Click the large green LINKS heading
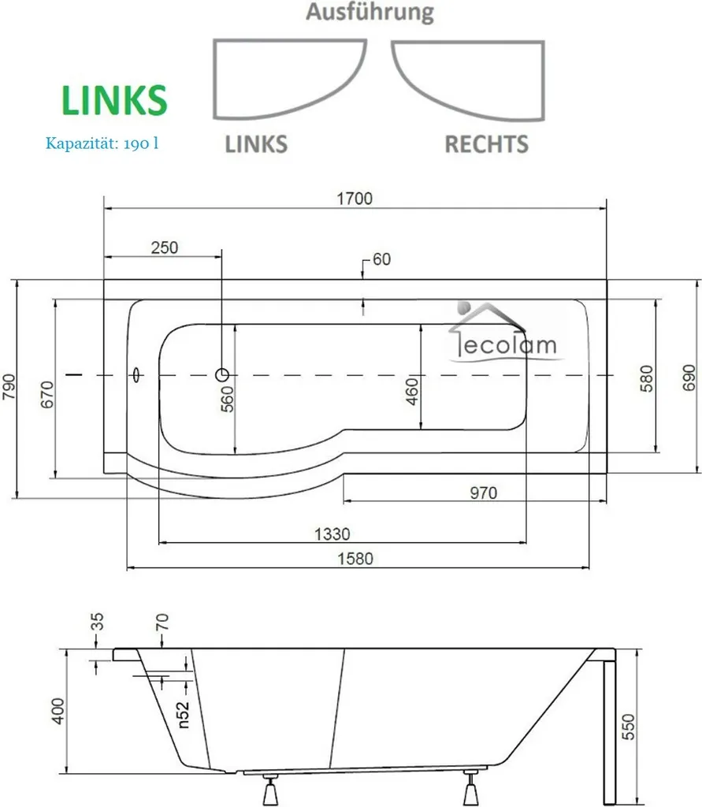point(114,100)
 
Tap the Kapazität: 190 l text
point(102,143)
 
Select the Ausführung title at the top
point(370,13)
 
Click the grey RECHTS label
point(486,144)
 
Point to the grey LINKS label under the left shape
point(256,144)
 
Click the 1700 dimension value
point(355,198)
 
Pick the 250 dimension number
point(165,247)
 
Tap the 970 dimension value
point(483,493)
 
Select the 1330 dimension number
point(332,534)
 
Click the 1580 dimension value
point(355,559)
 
